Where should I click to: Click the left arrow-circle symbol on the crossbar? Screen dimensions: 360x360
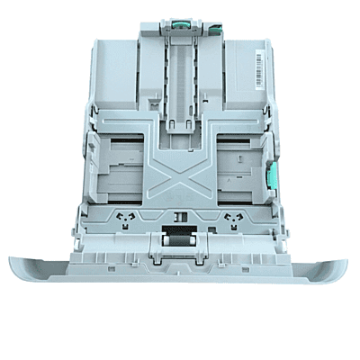(x=127, y=219)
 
